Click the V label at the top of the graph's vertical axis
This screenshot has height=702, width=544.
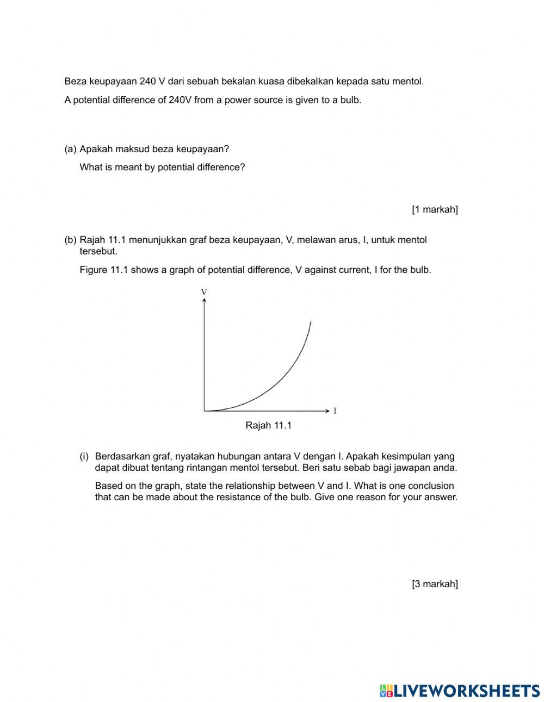(x=204, y=292)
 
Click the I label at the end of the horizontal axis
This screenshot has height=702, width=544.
(x=335, y=411)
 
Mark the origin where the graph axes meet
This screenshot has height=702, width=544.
(x=204, y=411)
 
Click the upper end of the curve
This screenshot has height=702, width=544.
(x=310, y=322)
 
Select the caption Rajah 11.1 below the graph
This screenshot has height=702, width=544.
(x=268, y=426)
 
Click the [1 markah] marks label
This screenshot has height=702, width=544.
(x=435, y=209)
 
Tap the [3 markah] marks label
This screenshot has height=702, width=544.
(x=435, y=584)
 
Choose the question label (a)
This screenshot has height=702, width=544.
(x=70, y=149)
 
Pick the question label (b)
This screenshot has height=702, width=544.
(x=70, y=240)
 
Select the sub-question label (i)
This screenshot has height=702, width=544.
(x=84, y=457)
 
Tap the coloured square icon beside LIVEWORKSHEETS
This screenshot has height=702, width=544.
(x=386, y=691)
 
